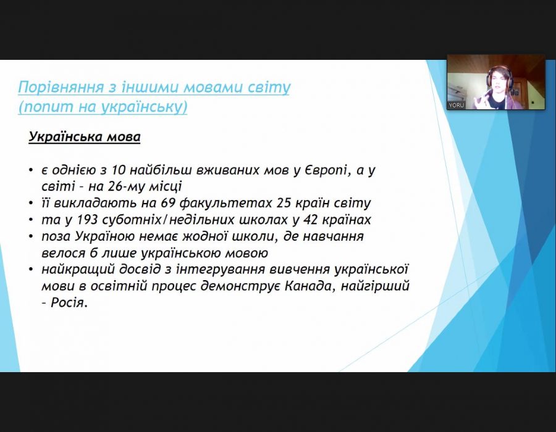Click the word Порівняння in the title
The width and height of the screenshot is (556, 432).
pyautogui.click(x=61, y=87)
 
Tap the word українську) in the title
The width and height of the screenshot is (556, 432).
pyautogui.click(x=145, y=107)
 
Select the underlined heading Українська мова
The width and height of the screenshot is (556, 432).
pyautogui.click(x=85, y=136)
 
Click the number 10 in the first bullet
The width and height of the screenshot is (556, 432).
pyautogui.click(x=119, y=170)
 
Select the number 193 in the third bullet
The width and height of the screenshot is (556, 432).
pyautogui.click(x=87, y=220)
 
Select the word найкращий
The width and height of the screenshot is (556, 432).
pyautogui.click(x=78, y=270)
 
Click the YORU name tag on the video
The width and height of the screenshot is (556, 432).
pyautogui.click(x=457, y=105)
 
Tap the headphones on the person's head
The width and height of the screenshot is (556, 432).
pyautogui.click(x=499, y=75)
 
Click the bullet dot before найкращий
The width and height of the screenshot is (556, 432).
pyautogui.click(x=32, y=270)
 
